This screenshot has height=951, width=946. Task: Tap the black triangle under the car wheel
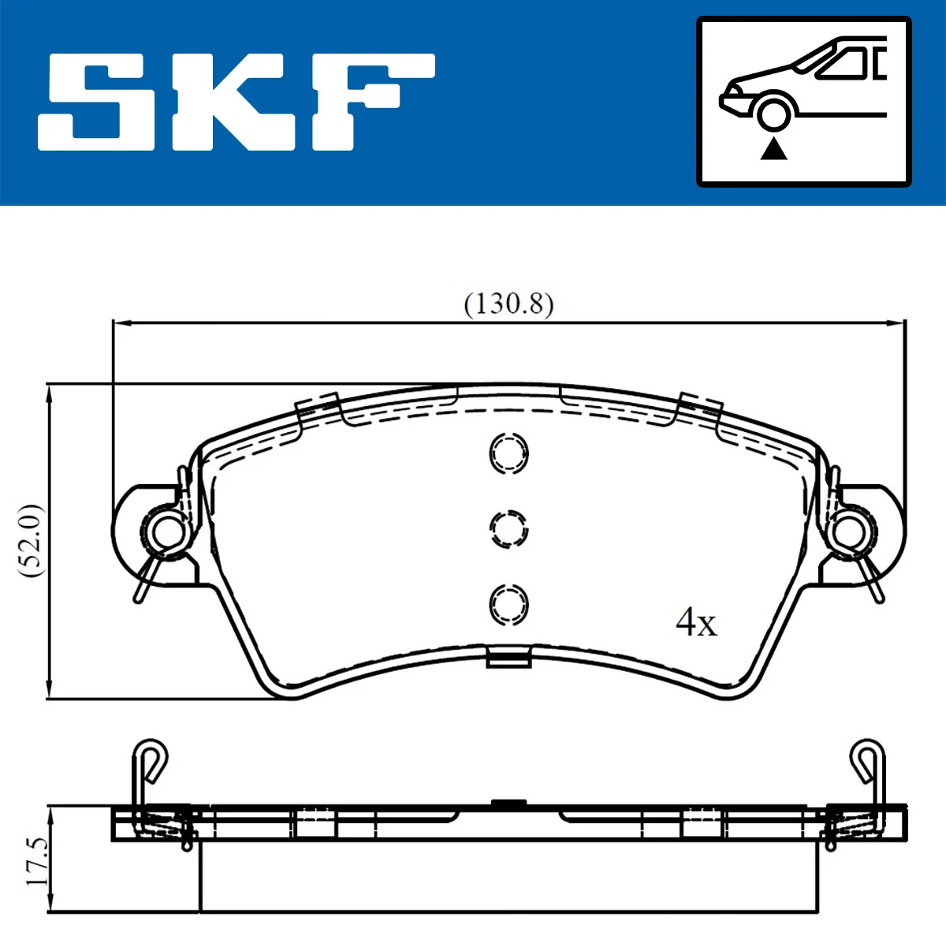(x=773, y=148)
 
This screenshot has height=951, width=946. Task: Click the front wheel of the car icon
(x=773, y=112)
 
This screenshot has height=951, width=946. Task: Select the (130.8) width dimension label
(x=508, y=303)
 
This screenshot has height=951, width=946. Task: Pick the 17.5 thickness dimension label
(x=36, y=861)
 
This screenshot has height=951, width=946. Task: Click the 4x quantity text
(x=696, y=623)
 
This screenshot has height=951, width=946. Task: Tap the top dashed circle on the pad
(x=508, y=453)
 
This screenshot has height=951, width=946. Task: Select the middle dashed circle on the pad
(x=508, y=528)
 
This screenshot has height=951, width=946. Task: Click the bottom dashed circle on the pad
(x=508, y=604)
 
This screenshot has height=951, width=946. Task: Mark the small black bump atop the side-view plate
(x=508, y=803)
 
